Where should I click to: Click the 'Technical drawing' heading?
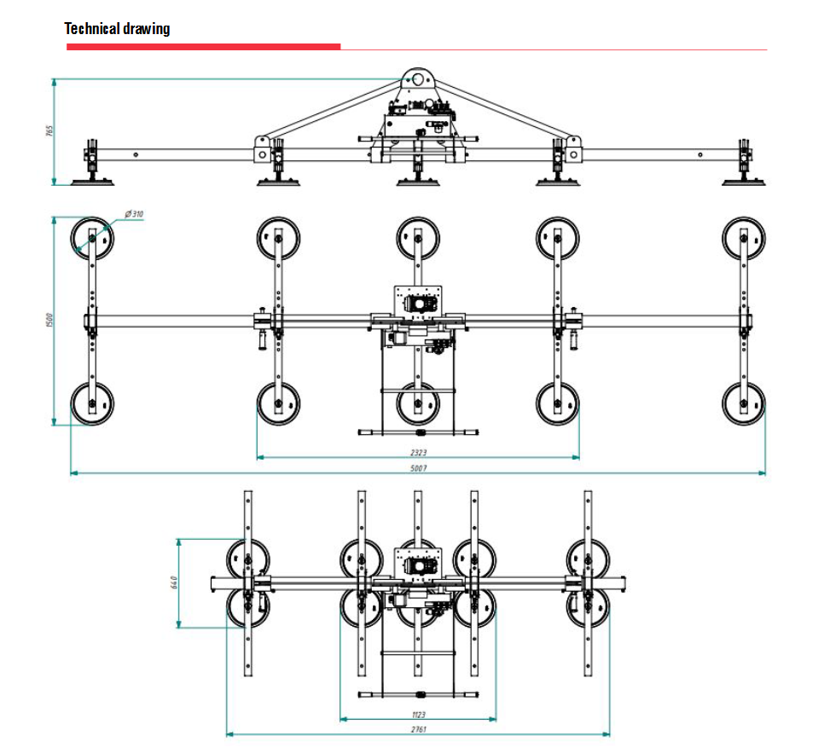click(x=117, y=29)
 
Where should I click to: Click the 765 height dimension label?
click(x=49, y=131)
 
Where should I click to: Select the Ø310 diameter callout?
click(x=133, y=213)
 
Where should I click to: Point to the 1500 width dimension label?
click(x=49, y=321)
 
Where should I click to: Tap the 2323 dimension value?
click(x=417, y=451)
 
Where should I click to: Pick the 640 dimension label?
click(x=173, y=583)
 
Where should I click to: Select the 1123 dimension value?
click(x=417, y=714)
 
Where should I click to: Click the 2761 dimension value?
click(x=417, y=729)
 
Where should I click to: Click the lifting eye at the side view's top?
click(x=418, y=79)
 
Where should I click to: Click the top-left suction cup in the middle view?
click(x=91, y=238)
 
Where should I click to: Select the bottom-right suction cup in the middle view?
click(x=744, y=403)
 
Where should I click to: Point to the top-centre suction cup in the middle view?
click(x=418, y=238)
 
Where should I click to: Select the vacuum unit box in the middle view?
click(x=418, y=301)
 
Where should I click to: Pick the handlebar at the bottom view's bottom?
click(x=417, y=692)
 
